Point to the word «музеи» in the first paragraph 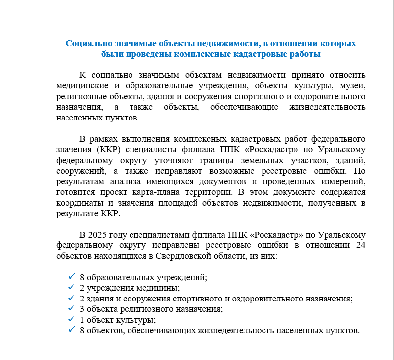click(353, 86)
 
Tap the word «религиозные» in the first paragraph click(80, 96)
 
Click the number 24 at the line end click(360, 246)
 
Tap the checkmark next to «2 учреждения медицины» click(72, 288)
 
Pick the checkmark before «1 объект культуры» click(72, 320)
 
